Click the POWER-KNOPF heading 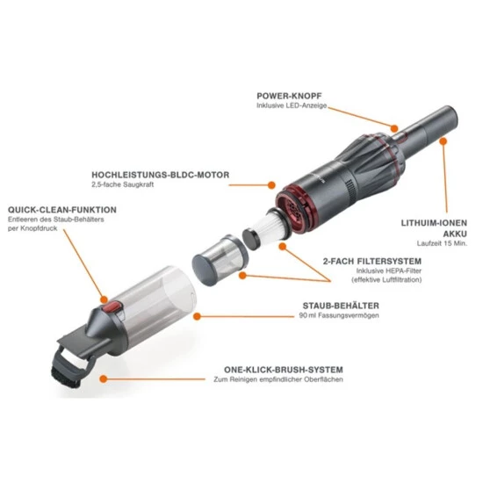point(289,96)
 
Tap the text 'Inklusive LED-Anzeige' point(292,105)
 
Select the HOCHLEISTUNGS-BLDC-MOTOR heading point(161,175)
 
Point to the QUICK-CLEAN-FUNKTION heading point(62,210)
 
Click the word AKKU point(455,234)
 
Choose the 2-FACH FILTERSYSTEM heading point(372,262)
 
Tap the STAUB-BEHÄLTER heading point(341,306)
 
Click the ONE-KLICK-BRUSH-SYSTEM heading point(284,370)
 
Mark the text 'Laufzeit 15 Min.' point(442,243)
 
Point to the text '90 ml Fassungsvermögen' point(339,315)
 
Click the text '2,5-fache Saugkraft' point(123,184)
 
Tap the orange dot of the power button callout point(394,128)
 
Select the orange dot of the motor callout point(271,185)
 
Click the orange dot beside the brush point(104,378)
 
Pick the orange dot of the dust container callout point(197,316)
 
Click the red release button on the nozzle point(112,307)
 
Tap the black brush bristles point(66,378)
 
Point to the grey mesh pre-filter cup point(220,260)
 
